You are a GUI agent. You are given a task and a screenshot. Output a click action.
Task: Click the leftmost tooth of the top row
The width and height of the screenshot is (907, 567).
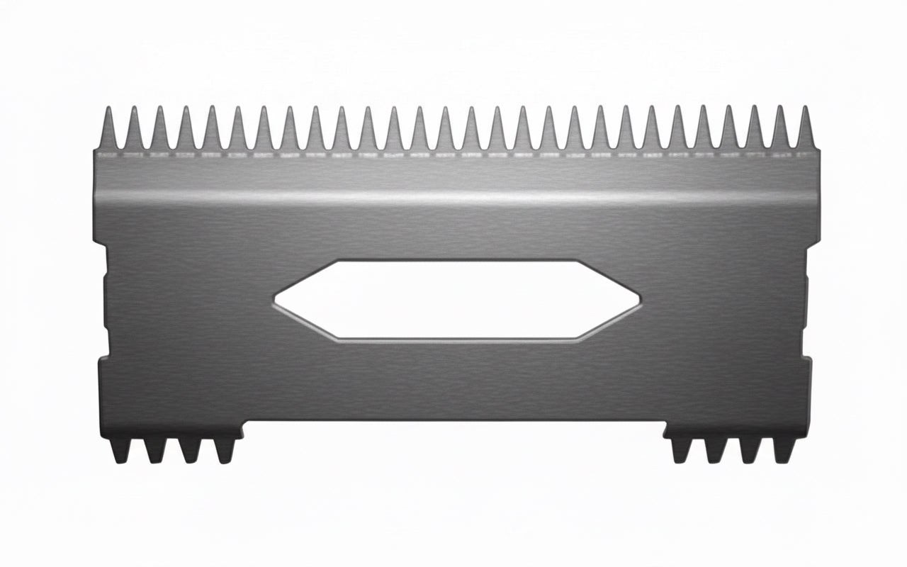109,131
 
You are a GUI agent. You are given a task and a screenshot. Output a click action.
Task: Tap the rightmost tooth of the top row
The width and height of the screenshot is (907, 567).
805,131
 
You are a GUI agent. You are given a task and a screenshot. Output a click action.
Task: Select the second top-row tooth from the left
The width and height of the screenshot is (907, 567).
135,131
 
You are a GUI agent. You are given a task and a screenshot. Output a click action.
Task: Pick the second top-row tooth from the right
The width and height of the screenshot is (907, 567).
779,131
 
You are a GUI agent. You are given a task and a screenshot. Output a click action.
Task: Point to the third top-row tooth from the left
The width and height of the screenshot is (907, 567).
160,131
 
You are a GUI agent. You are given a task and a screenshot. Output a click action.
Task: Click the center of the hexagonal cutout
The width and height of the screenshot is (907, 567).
457,299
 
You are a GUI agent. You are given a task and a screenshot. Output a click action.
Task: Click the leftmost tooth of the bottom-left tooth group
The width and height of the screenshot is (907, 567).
119,448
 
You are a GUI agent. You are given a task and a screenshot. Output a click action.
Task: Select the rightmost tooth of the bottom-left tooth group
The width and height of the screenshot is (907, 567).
225,448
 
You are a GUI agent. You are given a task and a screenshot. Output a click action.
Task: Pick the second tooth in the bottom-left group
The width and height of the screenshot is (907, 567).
154,448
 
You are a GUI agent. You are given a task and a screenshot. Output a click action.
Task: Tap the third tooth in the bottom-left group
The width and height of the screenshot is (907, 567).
190,448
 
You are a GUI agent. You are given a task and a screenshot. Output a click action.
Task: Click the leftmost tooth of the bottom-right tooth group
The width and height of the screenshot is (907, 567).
679,448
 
